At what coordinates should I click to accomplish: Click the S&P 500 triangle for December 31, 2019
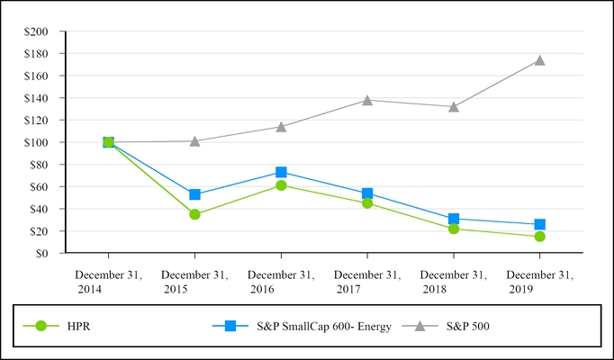(539, 60)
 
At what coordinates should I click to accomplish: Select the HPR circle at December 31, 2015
(194, 214)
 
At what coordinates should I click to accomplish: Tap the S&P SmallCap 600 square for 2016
(281, 172)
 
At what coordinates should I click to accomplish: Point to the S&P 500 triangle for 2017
(367, 100)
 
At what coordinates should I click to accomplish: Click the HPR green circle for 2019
(539, 237)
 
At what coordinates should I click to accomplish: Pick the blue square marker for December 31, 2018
(454, 219)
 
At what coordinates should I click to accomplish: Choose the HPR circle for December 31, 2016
(281, 185)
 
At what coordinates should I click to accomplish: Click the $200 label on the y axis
(38, 31)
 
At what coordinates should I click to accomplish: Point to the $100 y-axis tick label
(38, 142)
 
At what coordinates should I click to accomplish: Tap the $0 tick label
(42, 253)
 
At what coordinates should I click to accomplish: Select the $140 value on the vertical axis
(38, 98)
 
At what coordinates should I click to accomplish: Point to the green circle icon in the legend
(40, 326)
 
